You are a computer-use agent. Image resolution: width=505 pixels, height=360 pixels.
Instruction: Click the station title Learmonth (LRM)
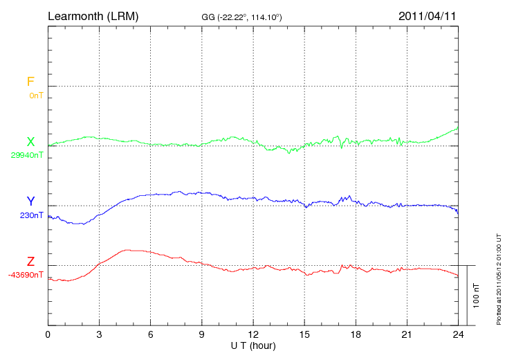pyautogui.click(x=93, y=15)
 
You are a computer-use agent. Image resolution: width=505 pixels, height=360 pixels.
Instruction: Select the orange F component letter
pyautogui.click(x=30, y=82)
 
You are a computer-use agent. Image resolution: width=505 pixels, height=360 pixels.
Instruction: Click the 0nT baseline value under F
pyautogui.click(x=35, y=96)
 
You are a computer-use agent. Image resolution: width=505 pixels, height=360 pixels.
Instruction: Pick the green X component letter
pyautogui.click(x=30, y=142)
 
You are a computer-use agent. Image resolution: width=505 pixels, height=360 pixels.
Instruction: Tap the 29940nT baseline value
pyautogui.click(x=27, y=156)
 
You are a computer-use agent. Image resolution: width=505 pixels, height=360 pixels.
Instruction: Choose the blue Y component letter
pyautogui.click(x=30, y=201)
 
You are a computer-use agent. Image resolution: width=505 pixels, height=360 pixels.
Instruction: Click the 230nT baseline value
pyautogui.click(x=32, y=215)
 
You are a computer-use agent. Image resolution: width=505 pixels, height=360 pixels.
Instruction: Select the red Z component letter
pyautogui.click(x=30, y=261)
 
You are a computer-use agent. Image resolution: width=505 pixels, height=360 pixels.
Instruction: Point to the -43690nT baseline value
pyautogui.click(x=26, y=275)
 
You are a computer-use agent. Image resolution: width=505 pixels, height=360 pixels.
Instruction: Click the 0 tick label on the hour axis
pyautogui.click(x=48, y=335)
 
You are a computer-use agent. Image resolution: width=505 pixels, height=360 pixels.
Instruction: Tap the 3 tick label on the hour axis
pyautogui.click(x=99, y=335)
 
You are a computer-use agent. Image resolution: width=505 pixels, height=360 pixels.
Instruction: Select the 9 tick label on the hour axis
pyautogui.click(x=202, y=335)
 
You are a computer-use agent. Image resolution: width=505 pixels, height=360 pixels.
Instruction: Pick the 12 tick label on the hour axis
pyautogui.click(x=253, y=335)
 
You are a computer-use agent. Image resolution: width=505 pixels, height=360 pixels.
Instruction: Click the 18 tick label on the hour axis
pyautogui.click(x=356, y=335)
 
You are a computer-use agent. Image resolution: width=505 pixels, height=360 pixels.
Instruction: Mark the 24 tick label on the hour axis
pyautogui.click(x=459, y=335)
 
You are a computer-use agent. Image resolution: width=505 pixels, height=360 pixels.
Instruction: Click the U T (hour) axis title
pyautogui.click(x=253, y=345)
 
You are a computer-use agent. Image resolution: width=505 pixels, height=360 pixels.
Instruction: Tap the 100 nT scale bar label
pyautogui.click(x=476, y=295)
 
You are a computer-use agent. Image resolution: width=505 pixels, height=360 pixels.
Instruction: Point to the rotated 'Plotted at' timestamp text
pyautogui.click(x=498, y=278)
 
